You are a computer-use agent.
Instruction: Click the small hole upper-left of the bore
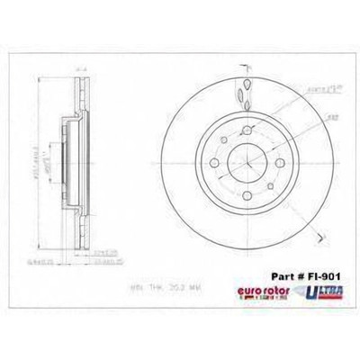pos(224,147)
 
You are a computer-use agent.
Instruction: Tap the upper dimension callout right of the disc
pos(312,91)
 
